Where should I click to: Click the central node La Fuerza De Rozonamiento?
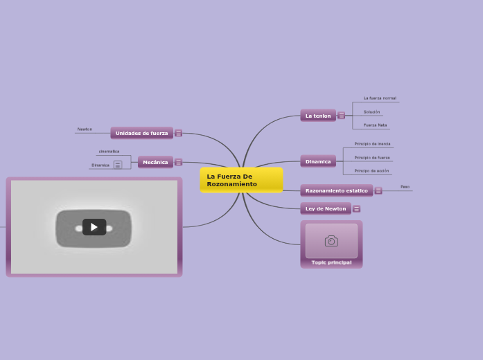[241, 180]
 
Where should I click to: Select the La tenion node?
[318, 116]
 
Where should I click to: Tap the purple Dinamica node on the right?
[318, 161]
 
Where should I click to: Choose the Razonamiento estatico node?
[337, 190]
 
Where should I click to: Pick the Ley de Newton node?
[326, 208]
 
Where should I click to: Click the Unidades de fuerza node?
[141, 133]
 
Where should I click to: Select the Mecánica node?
[155, 162]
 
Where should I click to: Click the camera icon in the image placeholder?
[331, 241]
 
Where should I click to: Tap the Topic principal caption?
[331, 262]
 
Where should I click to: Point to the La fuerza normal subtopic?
[380, 98]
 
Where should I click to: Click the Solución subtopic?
[371, 111]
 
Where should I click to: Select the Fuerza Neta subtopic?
[375, 125]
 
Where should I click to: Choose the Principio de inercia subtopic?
[372, 144]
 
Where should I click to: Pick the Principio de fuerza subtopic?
[372, 157]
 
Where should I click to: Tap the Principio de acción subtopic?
[371, 170]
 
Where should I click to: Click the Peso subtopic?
[405, 187]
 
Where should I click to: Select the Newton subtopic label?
[85, 129]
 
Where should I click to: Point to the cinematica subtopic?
[109, 151]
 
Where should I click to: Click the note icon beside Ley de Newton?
[356, 208]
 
